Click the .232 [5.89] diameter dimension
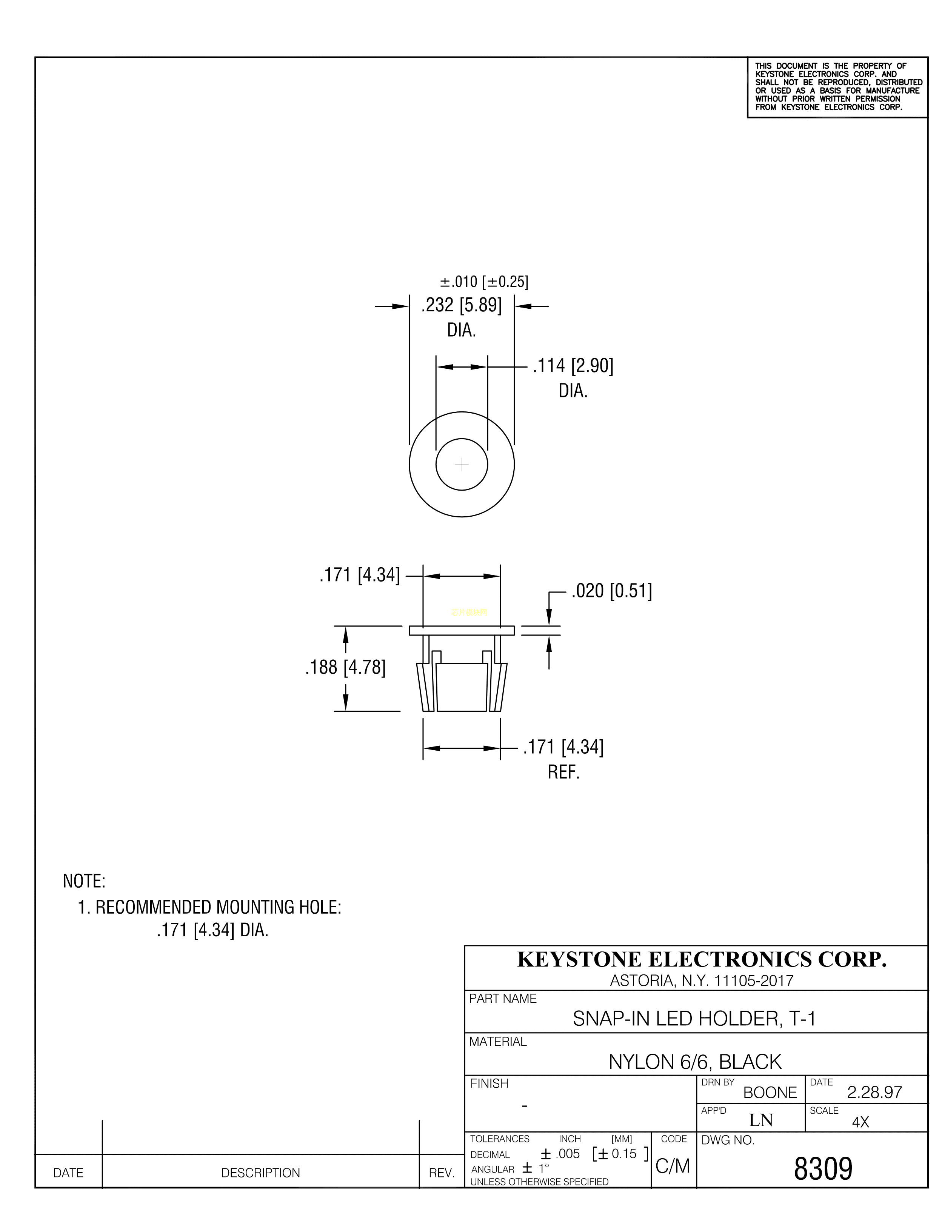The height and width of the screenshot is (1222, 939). [x=462, y=306]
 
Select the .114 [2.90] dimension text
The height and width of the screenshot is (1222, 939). [x=573, y=366]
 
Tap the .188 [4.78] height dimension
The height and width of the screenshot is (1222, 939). [x=345, y=668]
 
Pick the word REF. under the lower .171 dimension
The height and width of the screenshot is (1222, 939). [x=563, y=772]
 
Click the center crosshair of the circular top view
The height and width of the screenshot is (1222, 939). [x=462, y=464]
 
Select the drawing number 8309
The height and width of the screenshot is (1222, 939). [x=823, y=1169]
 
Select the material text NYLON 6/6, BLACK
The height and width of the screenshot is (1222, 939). [x=695, y=1062]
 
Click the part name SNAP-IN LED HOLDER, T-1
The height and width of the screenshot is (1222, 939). [x=694, y=1019]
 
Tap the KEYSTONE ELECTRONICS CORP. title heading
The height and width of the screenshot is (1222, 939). [x=702, y=959]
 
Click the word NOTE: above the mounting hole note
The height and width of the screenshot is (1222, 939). [x=84, y=881]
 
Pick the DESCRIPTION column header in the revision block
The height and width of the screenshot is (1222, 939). [x=260, y=1173]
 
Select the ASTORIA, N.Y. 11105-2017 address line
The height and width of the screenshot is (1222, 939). [x=702, y=980]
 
